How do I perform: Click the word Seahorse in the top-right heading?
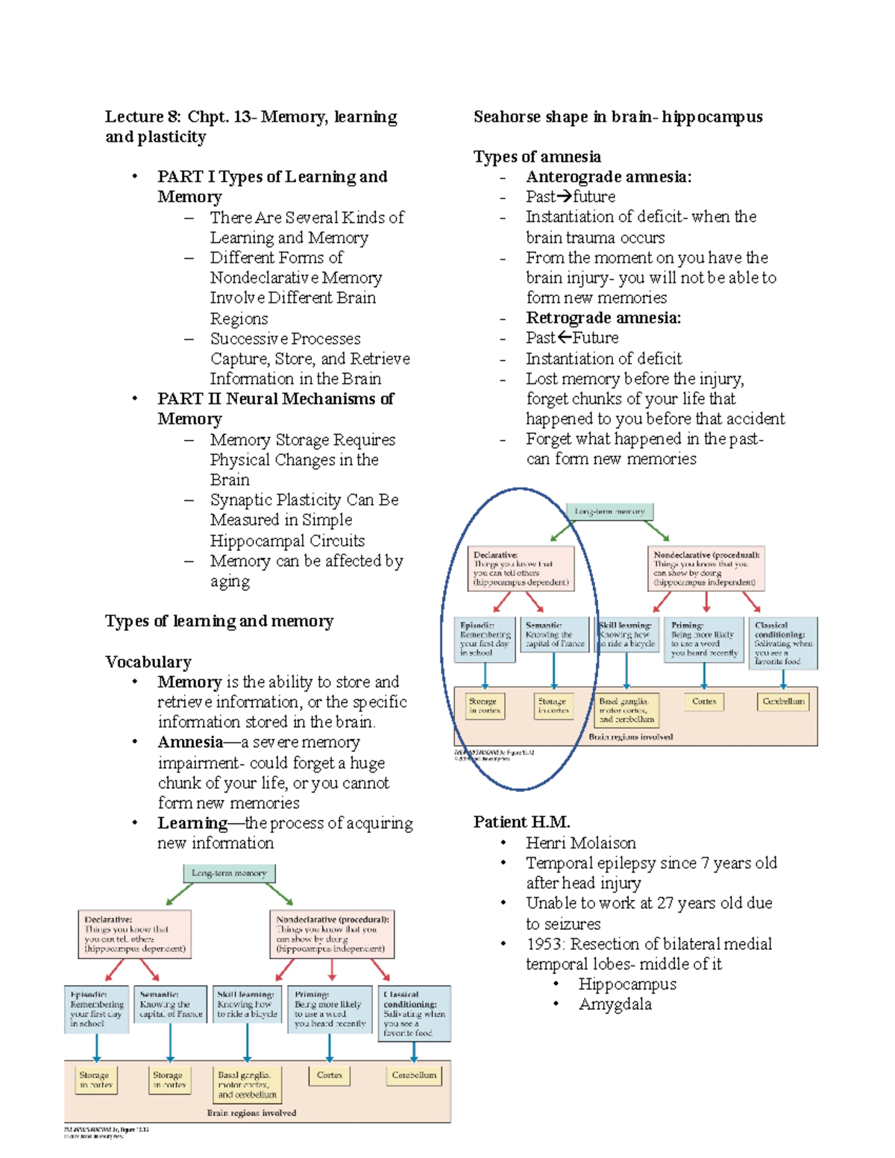[x=504, y=117]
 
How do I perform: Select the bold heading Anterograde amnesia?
[x=608, y=177]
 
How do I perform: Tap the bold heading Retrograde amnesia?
[x=603, y=318]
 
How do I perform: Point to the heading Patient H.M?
[x=521, y=822]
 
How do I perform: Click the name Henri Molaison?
[x=580, y=843]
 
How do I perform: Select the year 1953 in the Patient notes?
[x=545, y=944]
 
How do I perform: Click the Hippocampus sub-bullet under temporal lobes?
[x=626, y=984]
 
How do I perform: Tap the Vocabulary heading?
[x=148, y=661]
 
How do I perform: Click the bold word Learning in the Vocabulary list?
[x=192, y=823]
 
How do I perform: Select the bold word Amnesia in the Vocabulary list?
[x=189, y=743]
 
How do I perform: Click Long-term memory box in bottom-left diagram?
[x=229, y=873]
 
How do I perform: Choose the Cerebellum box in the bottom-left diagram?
[x=414, y=1075]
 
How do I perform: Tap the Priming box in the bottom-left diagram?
[x=330, y=1009]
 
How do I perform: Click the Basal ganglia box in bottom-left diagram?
[x=247, y=1085]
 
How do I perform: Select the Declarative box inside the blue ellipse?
[x=521, y=568]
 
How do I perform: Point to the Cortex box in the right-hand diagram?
[x=703, y=702]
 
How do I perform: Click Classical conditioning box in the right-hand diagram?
[x=782, y=643]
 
